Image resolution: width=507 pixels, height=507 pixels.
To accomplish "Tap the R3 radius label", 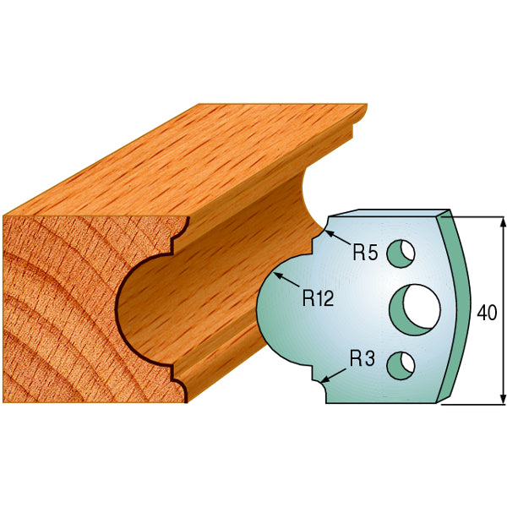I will pos(362,357).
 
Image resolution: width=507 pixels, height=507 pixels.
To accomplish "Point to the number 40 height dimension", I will pos(487,313).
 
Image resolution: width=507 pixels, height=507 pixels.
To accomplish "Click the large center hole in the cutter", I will pos(414,306).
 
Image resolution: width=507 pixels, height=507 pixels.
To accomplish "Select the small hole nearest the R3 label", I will pos(399,363).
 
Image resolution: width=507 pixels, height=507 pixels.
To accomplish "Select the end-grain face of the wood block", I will pos(59,304).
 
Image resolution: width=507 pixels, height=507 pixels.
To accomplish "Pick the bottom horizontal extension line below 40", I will pos(473,404).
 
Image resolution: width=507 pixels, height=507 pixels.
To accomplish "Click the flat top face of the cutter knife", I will pos(389,213).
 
